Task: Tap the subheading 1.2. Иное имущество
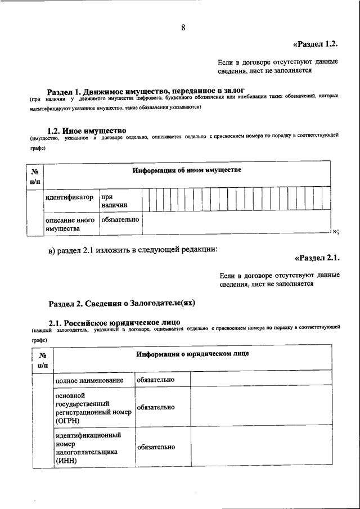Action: coord(87,131)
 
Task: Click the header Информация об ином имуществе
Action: coord(187,170)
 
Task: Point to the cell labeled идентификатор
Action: coord(69,198)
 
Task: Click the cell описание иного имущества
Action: coord(70,224)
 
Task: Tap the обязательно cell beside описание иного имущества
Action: coord(120,220)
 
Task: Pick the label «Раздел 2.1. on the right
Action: coord(317,259)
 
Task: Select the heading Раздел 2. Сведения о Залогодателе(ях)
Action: coord(121,303)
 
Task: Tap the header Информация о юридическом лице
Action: coord(192,354)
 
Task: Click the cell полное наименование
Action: coord(89,381)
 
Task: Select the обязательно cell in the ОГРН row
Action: coord(155,407)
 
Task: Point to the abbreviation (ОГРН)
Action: coord(67,420)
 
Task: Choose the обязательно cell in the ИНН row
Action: coord(155,447)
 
